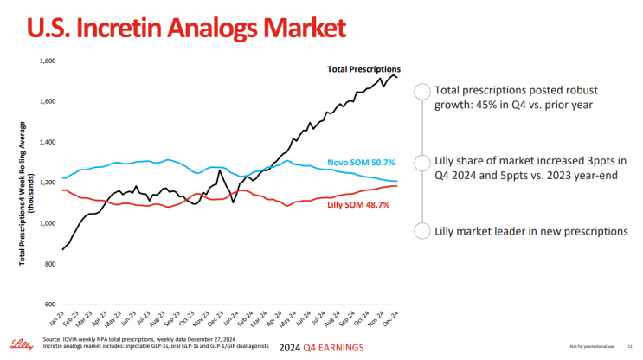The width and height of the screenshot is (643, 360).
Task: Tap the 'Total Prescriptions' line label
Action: [363, 68]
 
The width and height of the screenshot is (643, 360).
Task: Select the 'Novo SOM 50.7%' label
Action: [361, 162]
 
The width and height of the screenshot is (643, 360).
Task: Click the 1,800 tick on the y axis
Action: [48, 61]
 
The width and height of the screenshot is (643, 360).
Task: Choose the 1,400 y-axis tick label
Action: [48, 143]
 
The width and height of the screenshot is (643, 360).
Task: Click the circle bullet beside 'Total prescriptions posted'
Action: [422, 93]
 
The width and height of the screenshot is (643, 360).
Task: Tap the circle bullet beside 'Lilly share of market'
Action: [422, 162]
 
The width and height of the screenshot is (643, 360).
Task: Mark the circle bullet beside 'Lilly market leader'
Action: [422, 230]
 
